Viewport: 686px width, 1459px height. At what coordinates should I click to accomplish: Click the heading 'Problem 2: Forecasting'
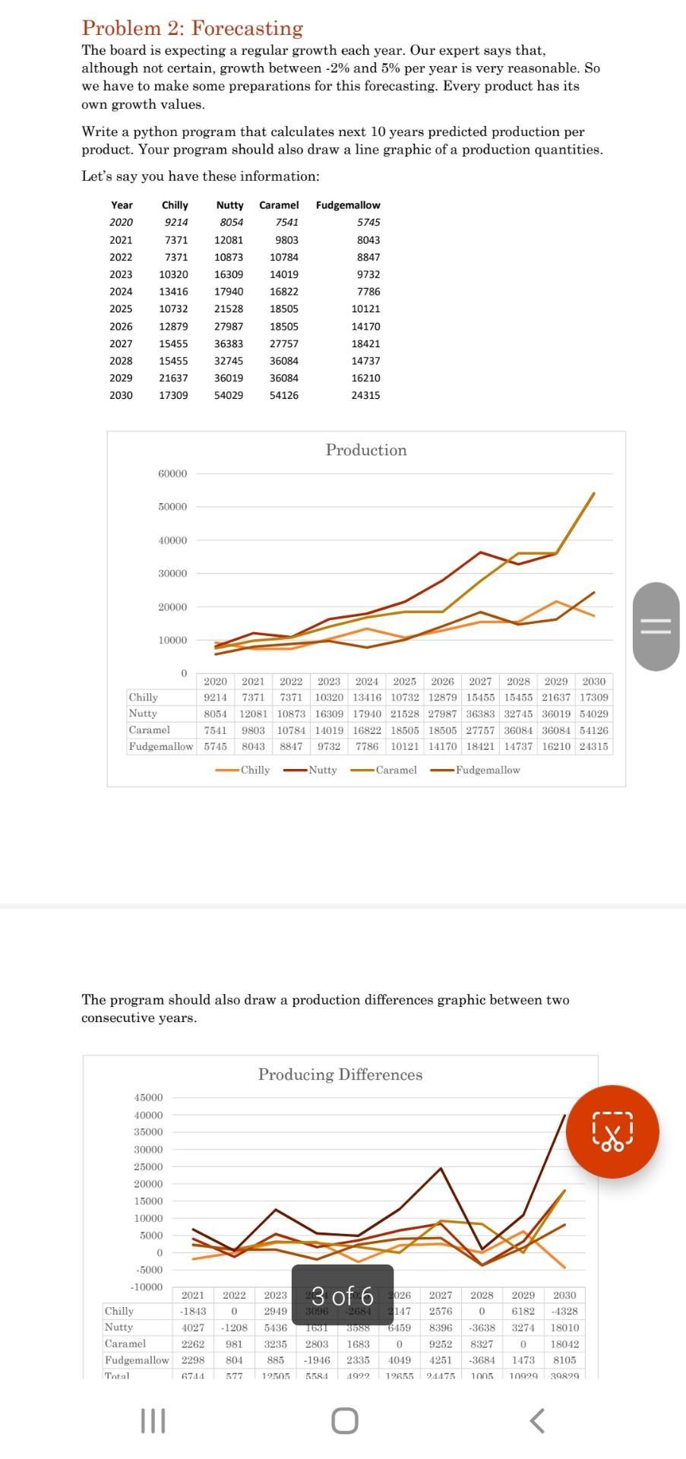[192, 28]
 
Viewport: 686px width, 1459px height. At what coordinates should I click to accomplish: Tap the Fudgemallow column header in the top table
[348, 205]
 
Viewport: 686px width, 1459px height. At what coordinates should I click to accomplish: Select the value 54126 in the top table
[283, 395]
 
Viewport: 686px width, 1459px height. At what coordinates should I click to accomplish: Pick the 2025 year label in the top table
[122, 309]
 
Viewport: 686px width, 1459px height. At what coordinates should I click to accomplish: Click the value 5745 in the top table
[368, 222]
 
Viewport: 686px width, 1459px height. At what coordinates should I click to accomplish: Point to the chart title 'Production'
[366, 450]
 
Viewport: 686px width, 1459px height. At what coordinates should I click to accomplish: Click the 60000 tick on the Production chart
[172, 473]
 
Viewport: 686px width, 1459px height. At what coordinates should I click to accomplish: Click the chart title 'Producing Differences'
[340, 1074]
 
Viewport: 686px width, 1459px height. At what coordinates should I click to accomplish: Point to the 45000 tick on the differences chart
[148, 1098]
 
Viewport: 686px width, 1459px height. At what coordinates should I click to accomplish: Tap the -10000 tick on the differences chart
[147, 1287]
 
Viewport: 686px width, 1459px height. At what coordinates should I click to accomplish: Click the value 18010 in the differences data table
[564, 1327]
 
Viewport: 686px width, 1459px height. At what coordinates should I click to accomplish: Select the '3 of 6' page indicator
[343, 1296]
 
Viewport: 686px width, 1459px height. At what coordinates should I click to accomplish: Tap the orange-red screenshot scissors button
[616, 1132]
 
